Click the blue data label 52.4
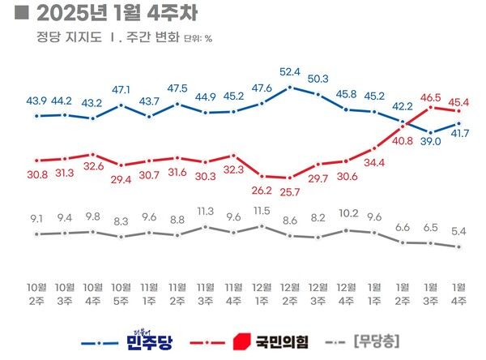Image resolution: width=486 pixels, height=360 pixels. coord(289,71)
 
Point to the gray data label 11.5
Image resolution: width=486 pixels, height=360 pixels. coord(261,211)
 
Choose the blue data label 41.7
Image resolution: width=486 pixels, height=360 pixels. coord(460,133)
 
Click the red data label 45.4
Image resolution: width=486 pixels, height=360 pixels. coord(460,102)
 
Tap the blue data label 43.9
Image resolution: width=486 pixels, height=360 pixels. coord(37,101)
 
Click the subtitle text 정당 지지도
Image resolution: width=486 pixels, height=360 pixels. coord(68,38)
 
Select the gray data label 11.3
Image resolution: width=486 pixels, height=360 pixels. coord(205,212)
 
